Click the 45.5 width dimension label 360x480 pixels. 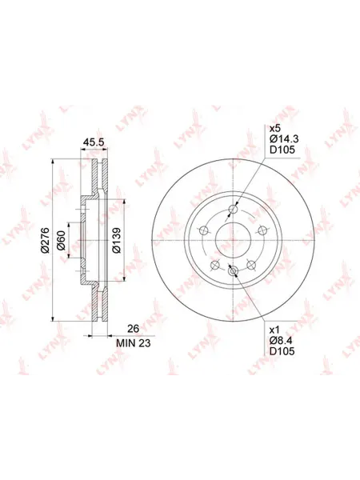[94, 142]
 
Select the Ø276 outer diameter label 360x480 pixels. [45, 240]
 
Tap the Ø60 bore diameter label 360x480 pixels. [62, 240]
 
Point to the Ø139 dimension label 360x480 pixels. [117, 240]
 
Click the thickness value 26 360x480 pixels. [133, 329]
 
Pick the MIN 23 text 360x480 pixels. [133, 343]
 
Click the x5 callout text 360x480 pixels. [274, 128]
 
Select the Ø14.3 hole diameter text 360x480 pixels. [284, 139]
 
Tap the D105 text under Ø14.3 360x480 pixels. [282, 150]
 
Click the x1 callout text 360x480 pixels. [274, 330]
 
